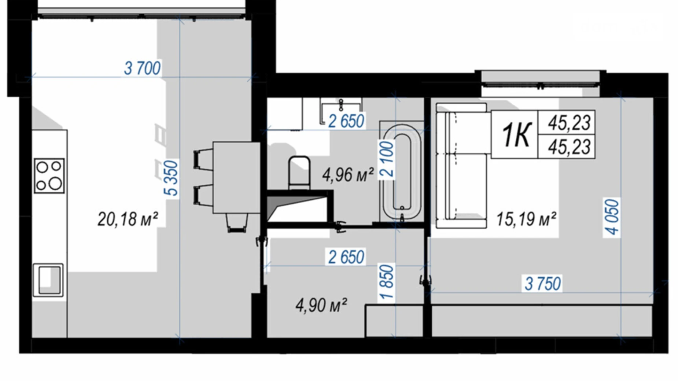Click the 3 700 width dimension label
pyautogui.click(x=142, y=68)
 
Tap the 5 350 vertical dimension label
pyautogui.click(x=171, y=178)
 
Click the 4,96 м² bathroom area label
pyautogui.click(x=348, y=174)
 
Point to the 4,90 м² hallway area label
pyautogui.click(x=321, y=305)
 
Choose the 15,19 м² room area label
pyautogui.click(x=526, y=219)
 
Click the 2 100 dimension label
pyautogui.click(x=387, y=160)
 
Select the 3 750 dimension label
pyautogui.click(x=543, y=284)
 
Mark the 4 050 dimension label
pyautogui.click(x=612, y=217)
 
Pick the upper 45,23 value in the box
pyautogui.click(x=569, y=123)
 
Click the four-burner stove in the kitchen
pyautogui.click(x=49, y=176)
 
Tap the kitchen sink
pyautogui.click(x=48, y=280)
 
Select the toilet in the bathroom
pyautogui.click(x=299, y=173)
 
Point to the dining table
pyautogui.click(x=236, y=178)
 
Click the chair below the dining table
pyautogui.click(x=236, y=222)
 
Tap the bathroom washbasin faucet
pyautogui.click(x=341, y=104)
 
